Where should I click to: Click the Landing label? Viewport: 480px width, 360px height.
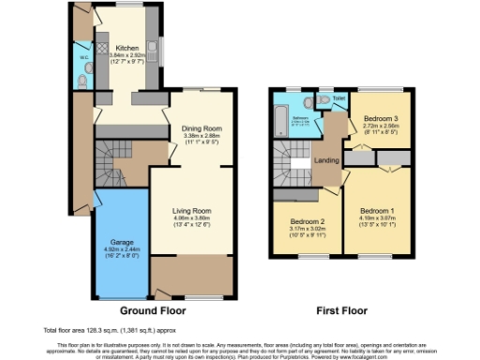(x=326, y=159)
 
